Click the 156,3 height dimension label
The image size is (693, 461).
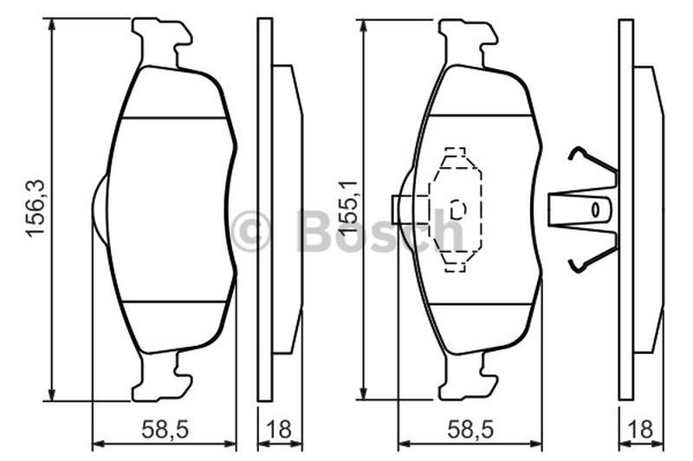coord(36,209)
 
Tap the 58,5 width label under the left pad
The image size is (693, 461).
coord(165,429)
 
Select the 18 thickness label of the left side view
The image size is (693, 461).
coord(279,429)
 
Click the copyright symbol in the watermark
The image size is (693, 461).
coord(250,231)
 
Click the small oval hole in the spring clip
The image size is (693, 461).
coord(595,210)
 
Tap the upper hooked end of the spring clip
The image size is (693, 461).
coord(576,154)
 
